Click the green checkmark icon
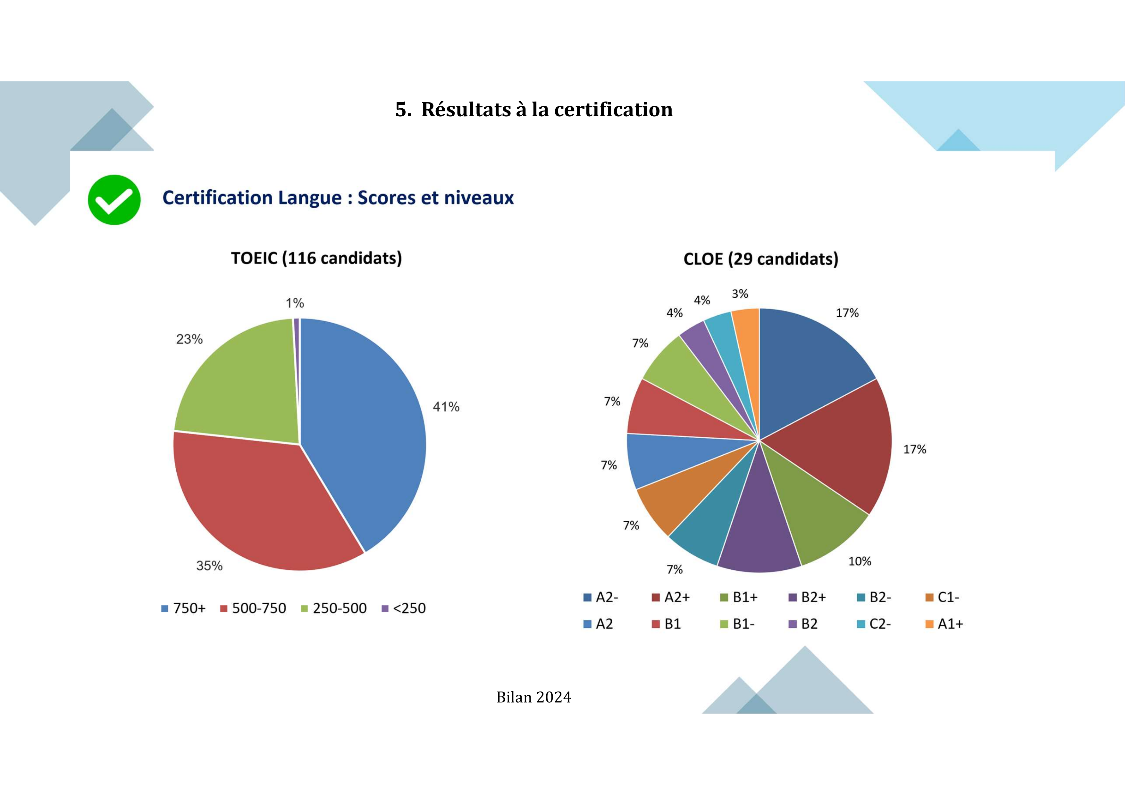(x=114, y=200)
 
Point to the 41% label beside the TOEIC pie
(x=446, y=407)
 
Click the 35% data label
(x=209, y=566)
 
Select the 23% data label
(x=189, y=339)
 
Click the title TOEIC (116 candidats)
(x=316, y=258)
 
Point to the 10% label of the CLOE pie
(x=860, y=561)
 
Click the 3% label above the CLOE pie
(x=740, y=294)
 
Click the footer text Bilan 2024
(x=533, y=697)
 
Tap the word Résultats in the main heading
(x=466, y=109)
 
